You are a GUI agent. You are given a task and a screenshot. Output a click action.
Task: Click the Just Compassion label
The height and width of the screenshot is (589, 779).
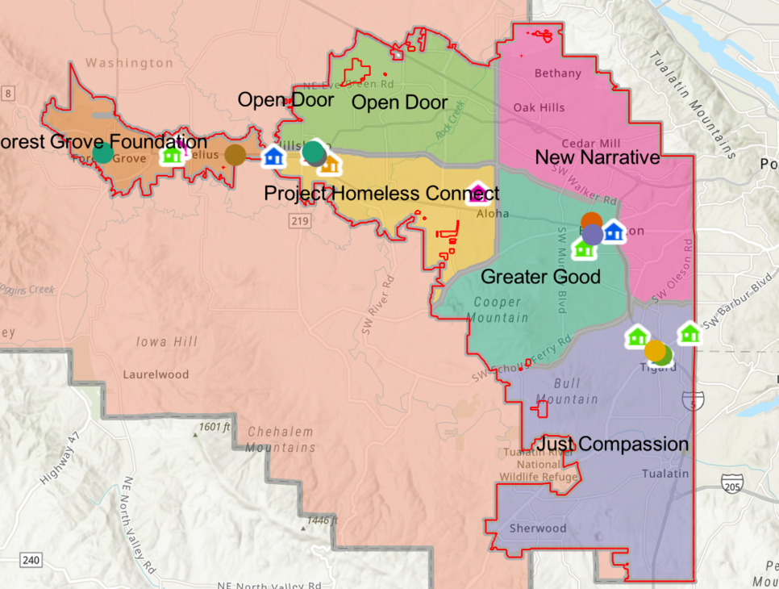[613, 445]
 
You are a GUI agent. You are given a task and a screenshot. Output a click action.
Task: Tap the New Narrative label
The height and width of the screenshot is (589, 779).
[598, 157]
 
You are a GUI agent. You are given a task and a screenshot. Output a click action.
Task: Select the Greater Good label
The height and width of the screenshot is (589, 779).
[540, 278]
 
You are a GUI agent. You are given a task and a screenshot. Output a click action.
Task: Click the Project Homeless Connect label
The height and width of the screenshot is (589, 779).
[381, 194]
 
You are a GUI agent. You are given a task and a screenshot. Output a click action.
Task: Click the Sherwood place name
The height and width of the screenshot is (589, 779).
[538, 528]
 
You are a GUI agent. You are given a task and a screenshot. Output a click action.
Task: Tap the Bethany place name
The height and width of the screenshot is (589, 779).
[558, 73]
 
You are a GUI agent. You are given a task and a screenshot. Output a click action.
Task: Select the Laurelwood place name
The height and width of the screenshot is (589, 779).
[156, 374]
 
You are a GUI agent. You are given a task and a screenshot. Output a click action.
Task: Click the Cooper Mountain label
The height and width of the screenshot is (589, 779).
[501, 310]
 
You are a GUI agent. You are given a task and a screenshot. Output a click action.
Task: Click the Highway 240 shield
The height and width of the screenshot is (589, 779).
[31, 560]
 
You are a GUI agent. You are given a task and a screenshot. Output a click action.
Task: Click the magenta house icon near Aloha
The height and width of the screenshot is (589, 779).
[478, 194]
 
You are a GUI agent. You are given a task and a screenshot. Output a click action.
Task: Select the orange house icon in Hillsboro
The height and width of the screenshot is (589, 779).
[329, 165]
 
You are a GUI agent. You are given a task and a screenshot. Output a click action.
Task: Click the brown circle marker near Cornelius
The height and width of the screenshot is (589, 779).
[235, 155]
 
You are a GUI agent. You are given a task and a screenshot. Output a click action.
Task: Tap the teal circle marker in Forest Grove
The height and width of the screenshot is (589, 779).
[102, 152]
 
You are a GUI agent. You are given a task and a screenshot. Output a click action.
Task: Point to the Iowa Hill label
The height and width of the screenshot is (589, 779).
[167, 342]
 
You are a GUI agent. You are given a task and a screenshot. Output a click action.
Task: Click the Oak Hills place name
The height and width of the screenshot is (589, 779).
[539, 107]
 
